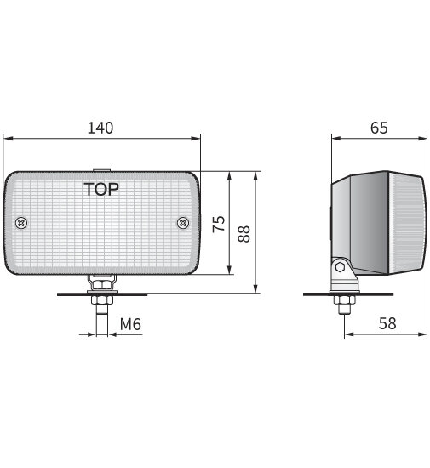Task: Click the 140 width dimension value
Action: click(x=100, y=128)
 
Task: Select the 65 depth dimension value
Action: click(x=379, y=128)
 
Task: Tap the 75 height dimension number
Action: click(x=218, y=224)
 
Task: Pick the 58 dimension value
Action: click(x=386, y=324)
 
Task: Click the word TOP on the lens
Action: click(x=101, y=188)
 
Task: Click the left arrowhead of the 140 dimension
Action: click(x=8, y=138)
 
